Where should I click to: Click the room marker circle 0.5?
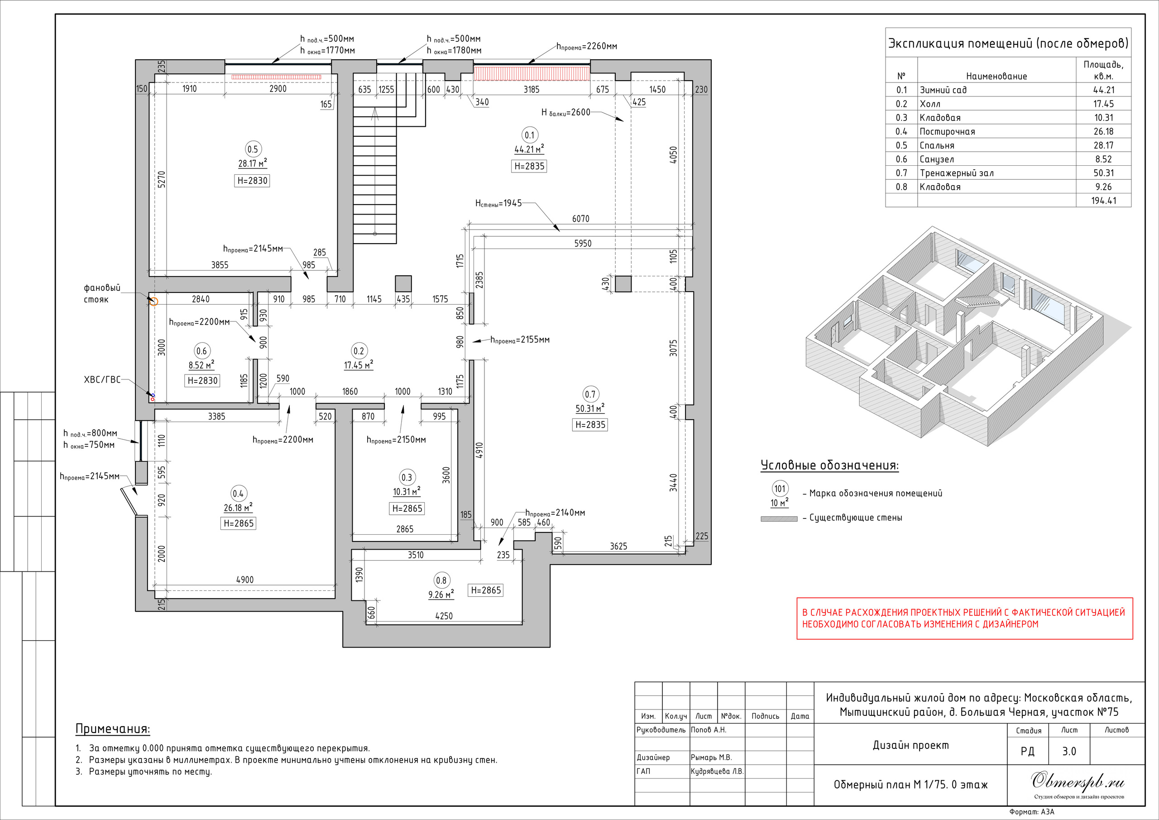(252, 149)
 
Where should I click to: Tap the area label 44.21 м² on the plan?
(529, 149)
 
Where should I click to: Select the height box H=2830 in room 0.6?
(202, 381)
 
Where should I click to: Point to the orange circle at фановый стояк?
(154, 302)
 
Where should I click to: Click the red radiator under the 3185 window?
(532, 73)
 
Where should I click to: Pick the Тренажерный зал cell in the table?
(957, 173)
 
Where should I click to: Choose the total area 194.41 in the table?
(1103, 201)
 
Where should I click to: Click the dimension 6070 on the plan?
(580, 219)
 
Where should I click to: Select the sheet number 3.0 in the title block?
(1069, 751)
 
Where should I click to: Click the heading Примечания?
(113, 729)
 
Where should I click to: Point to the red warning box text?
(964, 618)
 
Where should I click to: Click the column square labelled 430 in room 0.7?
(623, 284)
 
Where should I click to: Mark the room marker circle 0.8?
(441, 580)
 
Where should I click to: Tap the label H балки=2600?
(566, 113)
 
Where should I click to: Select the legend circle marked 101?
(780, 488)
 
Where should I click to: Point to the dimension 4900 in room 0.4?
(245, 580)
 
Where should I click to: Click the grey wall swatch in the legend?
(779, 518)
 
